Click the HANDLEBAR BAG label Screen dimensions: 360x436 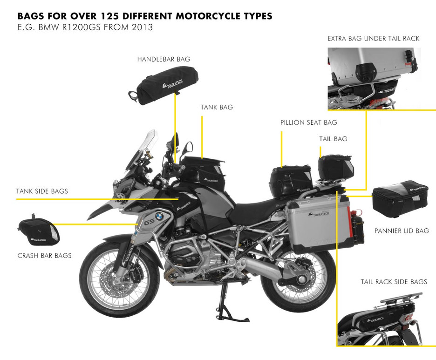163,60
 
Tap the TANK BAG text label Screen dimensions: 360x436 217,108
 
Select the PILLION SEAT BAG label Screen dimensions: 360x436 308,122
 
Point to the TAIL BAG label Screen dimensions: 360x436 333,139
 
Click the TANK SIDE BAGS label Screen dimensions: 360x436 42,191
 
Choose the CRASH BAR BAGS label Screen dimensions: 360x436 44,255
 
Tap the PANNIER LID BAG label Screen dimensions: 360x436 402,231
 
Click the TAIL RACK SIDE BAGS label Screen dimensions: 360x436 394,282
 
